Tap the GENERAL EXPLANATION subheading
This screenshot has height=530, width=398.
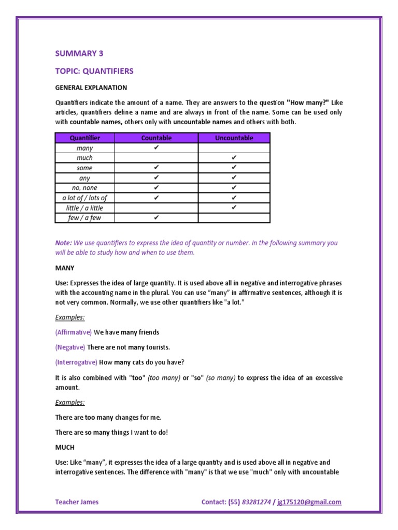tap(91, 87)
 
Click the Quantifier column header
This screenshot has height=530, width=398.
tap(84, 138)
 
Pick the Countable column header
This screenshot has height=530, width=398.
tap(156, 138)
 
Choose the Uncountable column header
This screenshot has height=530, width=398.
tap(234, 138)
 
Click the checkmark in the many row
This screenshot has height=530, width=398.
tap(156, 148)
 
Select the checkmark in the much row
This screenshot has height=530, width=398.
tap(234, 158)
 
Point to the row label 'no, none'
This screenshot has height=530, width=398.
tap(84, 188)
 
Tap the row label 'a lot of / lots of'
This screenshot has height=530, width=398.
tap(84, 198)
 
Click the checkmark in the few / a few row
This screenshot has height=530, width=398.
tap(156, 218)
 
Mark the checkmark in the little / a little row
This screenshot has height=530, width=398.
tap(234, 208)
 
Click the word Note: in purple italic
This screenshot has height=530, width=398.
tap(64, 243)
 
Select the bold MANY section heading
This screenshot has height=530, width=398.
tap(65, 268)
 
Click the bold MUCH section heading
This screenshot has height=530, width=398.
tap(65, 447)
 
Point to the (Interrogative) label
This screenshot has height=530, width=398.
tap(76, 362)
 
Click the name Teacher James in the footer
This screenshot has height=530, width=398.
tap(77, 502)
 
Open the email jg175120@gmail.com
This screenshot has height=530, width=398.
tap(309, 502)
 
